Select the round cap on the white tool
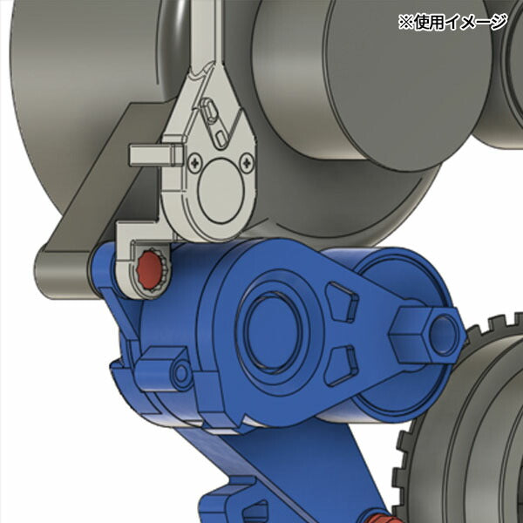coord(221,192)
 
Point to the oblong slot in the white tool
coord(210,110)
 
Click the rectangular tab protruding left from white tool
coord(147,154)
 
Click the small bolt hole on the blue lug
coord(181,373)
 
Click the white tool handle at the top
coord(203,35)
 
